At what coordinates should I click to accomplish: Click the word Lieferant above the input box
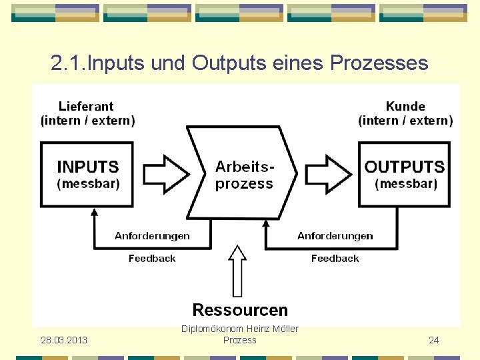click(86, 106)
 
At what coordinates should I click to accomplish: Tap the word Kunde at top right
click(405, 106)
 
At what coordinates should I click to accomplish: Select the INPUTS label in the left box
click(88, 167)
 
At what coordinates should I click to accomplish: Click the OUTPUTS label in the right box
click(405, 167)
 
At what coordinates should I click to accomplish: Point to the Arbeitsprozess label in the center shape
click(245, 175)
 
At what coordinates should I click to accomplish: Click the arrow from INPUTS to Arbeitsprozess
click(167, 173)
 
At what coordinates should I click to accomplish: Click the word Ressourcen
click(240, 310)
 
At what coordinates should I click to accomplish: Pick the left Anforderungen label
click(152, 236)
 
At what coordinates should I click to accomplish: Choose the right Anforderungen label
click(335, 236)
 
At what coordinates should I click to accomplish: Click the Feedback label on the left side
click(152, 259)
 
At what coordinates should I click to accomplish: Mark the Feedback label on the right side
click(335, 259)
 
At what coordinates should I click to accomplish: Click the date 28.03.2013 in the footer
click(64, 340)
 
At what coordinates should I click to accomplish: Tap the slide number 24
click(434, 340)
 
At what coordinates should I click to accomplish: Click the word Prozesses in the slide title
click(379, 63)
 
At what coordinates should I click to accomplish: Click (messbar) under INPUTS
click(88, 184)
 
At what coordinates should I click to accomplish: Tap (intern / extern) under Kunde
click(405, 121)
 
